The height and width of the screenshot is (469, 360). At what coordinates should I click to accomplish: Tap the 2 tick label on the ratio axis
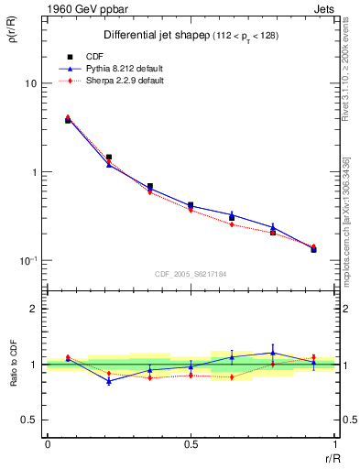coord(35,309)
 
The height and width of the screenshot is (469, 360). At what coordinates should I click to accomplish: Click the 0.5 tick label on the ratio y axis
coord(29,420)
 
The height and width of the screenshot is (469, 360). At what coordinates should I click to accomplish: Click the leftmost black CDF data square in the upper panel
coord(68,121)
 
